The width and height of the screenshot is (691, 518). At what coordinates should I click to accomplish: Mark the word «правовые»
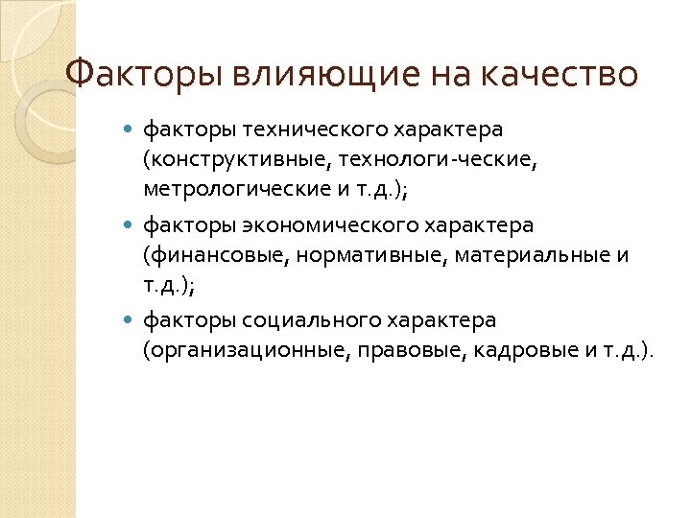(407, 350)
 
